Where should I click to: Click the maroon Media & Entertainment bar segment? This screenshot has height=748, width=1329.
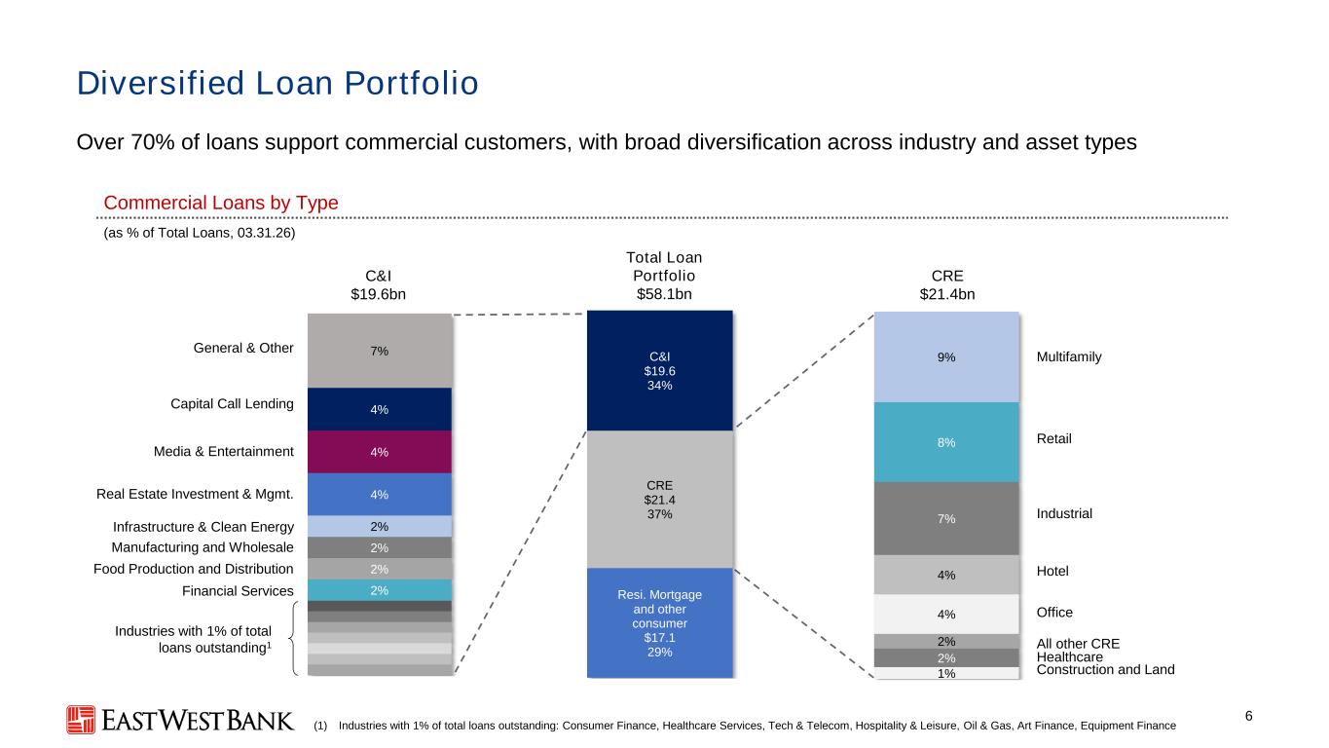(x=380, y=452)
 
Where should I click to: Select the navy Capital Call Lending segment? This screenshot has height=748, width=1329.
(x=380, y=409)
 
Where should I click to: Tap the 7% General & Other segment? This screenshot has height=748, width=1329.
(x=380, y=351)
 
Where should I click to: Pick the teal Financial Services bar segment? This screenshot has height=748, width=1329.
(x=380, y=590)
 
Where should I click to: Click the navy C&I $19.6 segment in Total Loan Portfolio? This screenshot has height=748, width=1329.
(x=660, y=370)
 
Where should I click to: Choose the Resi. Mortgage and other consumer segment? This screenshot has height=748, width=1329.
(x=660, y=622)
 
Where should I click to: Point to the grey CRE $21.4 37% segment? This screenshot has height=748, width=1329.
(x=660, y=500)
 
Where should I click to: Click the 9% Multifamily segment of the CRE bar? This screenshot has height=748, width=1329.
(x=946, y=356)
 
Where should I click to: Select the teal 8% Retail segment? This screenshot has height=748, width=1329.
(x=946, y=442)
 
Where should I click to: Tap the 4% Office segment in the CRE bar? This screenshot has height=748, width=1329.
(x=946, y=614)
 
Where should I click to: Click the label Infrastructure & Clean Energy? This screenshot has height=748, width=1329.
(x=203, y=527)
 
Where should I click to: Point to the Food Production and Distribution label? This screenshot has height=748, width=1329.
(x=194, y=569)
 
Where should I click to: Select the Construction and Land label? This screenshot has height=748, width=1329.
(x=1105, y=670)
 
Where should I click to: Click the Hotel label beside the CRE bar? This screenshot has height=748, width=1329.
(x=1052, y=571)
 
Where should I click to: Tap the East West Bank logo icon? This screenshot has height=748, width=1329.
(x=81, y=720)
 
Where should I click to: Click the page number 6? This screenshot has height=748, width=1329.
(x=1248, y=716)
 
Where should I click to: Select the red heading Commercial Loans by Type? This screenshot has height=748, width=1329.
(x=221, y=203)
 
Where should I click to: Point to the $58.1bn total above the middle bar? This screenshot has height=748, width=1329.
(x=664, y=294)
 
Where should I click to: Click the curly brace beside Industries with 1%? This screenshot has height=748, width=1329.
(x=293, y=639)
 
